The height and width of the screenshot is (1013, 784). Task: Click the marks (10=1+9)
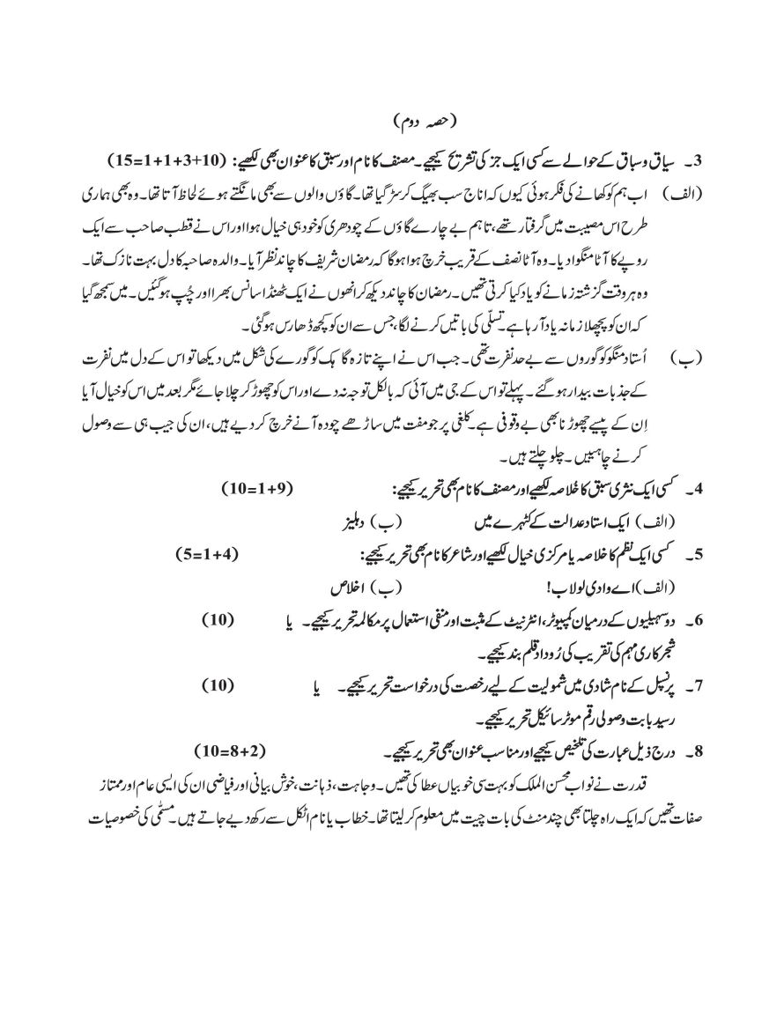pos(256,488)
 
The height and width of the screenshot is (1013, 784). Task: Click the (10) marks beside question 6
pos(218,619)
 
